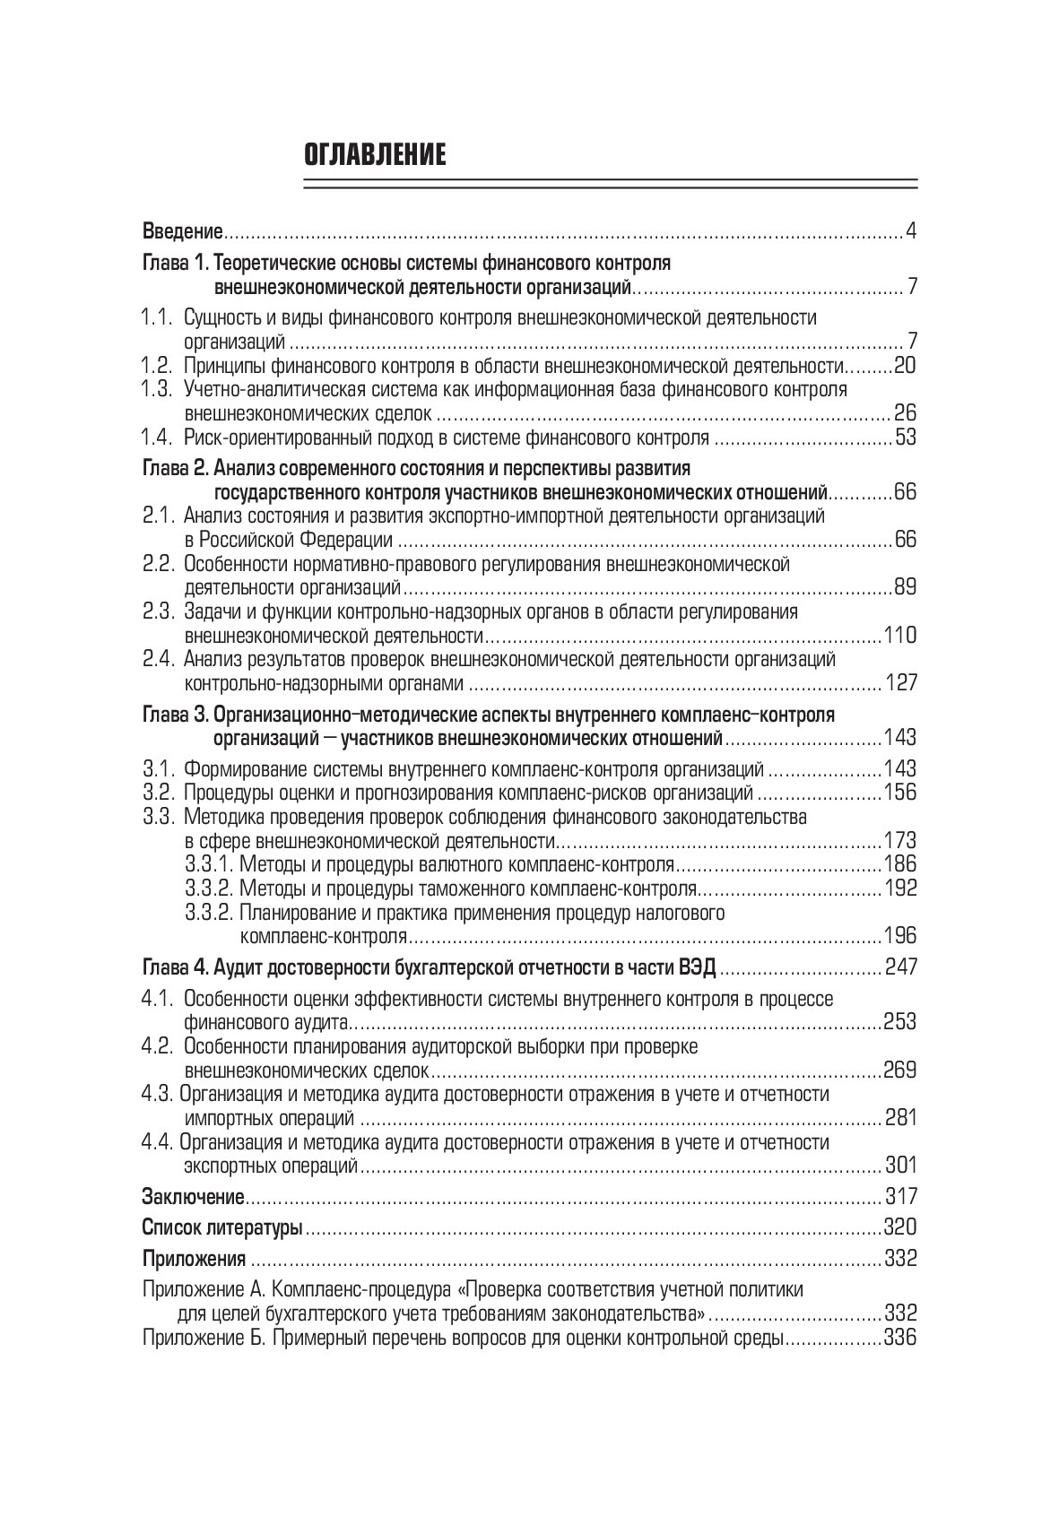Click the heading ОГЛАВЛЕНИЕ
(375, 154)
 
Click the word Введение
(182, 232)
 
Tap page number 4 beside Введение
(911, 232)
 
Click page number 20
(905, 366)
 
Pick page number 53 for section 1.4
(905, 438)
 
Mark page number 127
(901, 683)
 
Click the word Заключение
(194, 1197)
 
